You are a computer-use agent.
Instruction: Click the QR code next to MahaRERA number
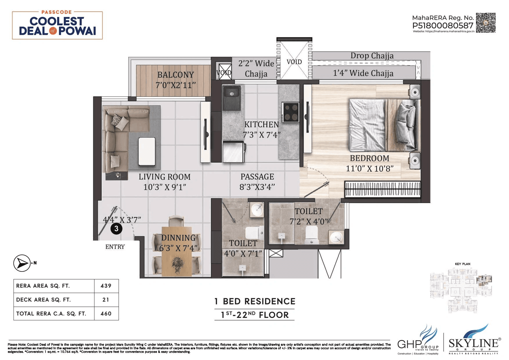pos(485,23)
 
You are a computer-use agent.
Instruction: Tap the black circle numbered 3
pos(116,229)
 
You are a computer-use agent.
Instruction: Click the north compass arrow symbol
pos(22,263)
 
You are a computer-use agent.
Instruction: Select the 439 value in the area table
pos(106,286)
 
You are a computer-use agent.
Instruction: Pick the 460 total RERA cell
pos(106,314)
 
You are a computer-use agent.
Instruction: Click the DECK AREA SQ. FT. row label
pos(44,300)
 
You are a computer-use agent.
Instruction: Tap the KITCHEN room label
pos(261,124)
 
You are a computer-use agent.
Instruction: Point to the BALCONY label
pos(176,75)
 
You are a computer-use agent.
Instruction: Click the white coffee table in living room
pos(147,151)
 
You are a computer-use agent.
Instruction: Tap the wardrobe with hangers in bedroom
pos(382,189)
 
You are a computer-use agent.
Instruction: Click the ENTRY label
pos(115,247)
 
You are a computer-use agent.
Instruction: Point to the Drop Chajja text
pos(372,56)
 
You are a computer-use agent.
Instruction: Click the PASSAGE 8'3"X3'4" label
pos(257,182)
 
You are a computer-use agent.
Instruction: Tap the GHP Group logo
pos(418,341)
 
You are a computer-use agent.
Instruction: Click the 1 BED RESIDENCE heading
pos(255,301)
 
